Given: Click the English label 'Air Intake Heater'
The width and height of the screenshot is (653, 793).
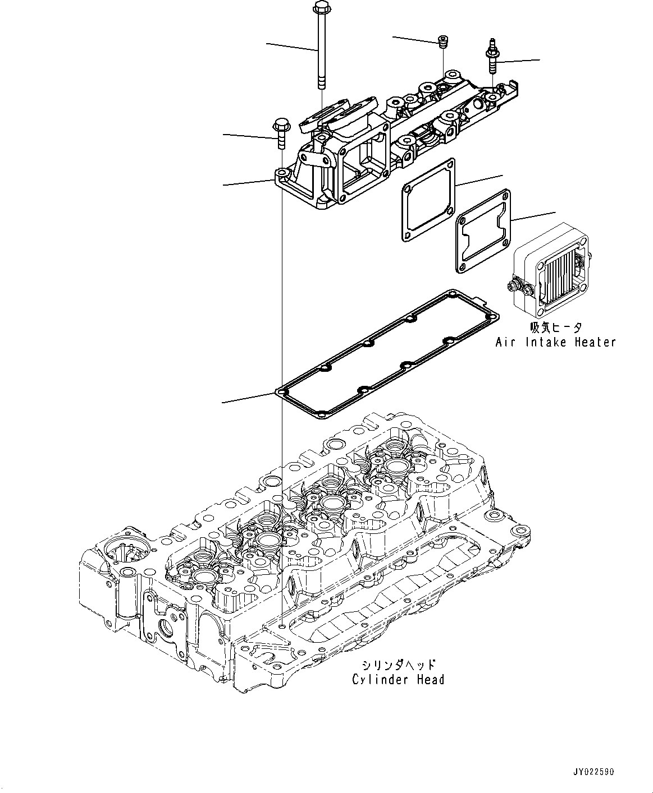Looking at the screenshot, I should coord(555,342).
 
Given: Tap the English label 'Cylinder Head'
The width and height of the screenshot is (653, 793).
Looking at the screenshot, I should coord(398,680).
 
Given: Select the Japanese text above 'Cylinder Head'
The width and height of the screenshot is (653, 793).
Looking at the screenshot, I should coord(398,665).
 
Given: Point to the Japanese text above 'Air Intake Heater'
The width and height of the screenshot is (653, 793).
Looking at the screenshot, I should coord(555,328).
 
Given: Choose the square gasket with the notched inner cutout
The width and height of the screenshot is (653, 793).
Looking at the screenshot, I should coord(483,232).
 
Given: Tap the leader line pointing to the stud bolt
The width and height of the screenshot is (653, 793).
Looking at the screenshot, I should coord(519,60).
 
